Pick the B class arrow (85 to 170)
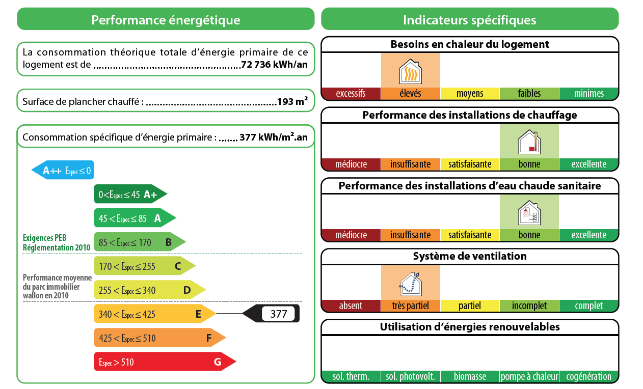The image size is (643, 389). pos(139,242)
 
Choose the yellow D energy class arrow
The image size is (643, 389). pos(149,290)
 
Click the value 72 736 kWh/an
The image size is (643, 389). pos(274,65)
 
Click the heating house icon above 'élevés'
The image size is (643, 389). pos(410,71)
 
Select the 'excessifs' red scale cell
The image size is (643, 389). pos(351,94)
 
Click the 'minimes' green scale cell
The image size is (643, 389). pos(588,94)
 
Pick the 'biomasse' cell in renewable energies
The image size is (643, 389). pos(470,377)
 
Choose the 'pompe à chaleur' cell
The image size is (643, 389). pos(529,377)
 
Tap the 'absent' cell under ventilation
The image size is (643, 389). pos(351,306)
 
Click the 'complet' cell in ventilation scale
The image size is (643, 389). pos(588,306)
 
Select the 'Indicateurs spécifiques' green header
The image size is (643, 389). pos(469,20)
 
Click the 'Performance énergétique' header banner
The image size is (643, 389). pos(166,20)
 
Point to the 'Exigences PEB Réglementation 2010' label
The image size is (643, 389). pos(57,242)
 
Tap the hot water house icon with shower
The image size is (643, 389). pos(529,213)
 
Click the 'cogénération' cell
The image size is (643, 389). pos(588,377)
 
